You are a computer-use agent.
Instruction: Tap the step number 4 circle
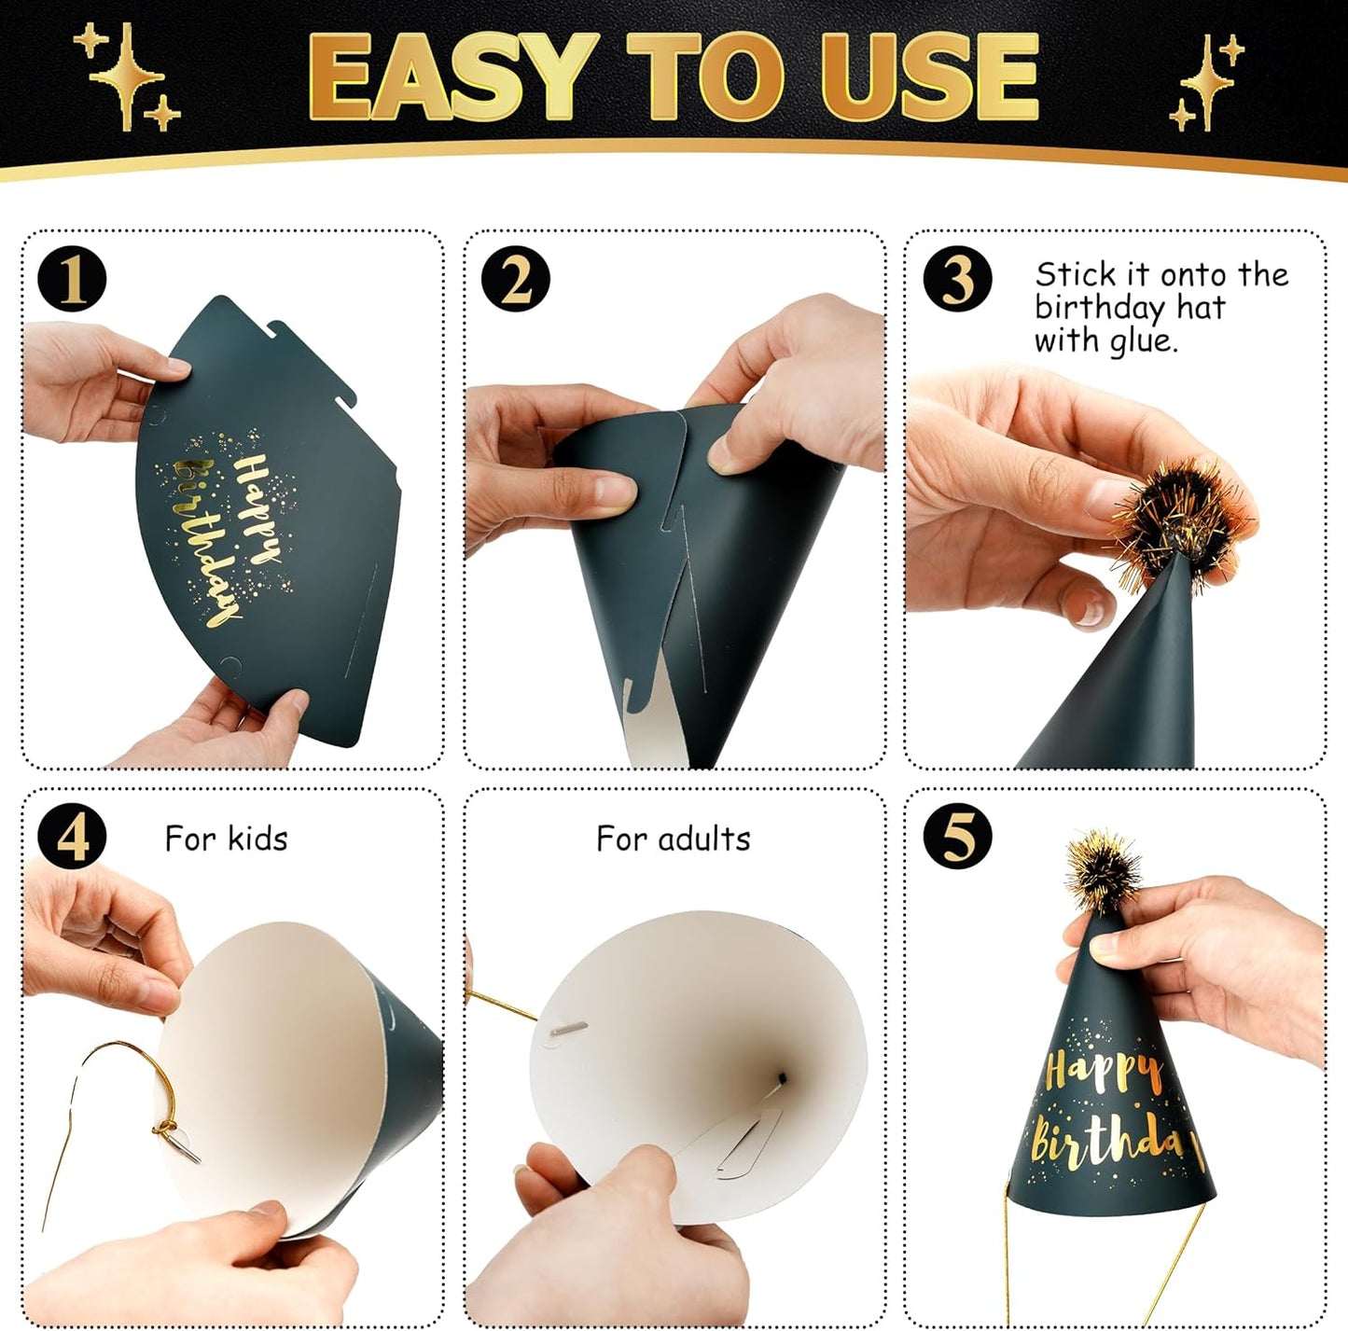pyautogui.click(x=72, y=837)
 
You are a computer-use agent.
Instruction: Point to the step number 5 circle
pyautogui.click(x=957, y=837)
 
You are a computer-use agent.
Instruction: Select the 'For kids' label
pyautogui.click(x=226, y=839)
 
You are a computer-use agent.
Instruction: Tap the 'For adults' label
pyautogui.click(x=673, y=839)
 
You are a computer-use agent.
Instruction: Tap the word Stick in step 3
pyautogui.click(x=1075, y=275)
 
